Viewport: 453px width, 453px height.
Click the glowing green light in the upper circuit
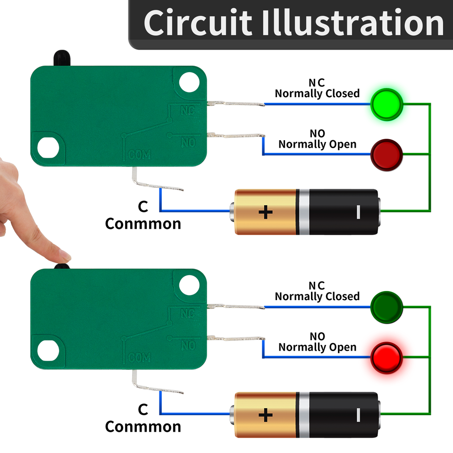[x=386, y=103]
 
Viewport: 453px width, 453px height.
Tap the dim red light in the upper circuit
[x=386, y=154]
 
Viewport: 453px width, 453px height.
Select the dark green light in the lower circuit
[x=386, y=307]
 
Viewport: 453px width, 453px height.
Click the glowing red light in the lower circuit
[x=386, y=357]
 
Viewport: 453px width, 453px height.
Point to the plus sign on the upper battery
[x=266, y=212]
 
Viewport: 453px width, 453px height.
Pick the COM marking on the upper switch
[x=139, y=155]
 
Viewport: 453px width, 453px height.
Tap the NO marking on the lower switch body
[x=188, y=346]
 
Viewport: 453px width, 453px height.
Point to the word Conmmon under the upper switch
[x=143, y=224]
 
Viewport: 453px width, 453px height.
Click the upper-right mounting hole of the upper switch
[x=190, y=81]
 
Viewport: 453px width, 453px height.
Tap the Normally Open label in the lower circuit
[x=317, y=347]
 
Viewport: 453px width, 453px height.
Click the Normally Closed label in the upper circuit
[x=317, y=93]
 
